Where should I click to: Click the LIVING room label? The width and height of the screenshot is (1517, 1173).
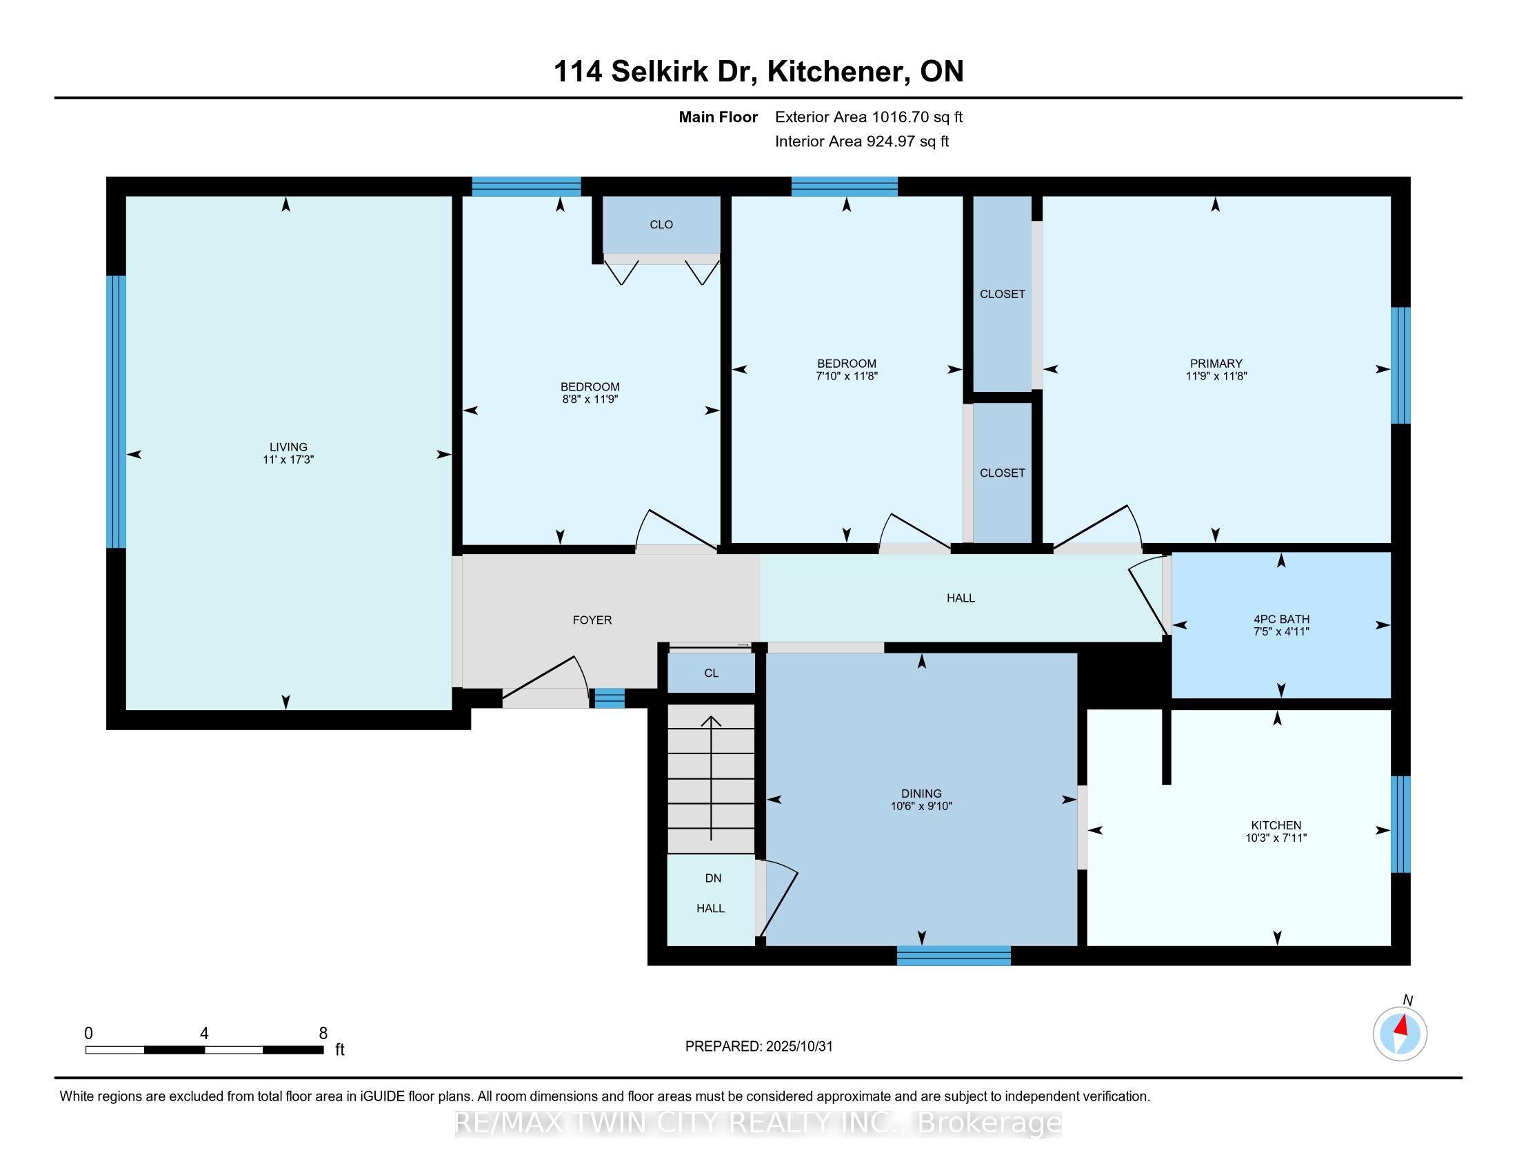[288, 447]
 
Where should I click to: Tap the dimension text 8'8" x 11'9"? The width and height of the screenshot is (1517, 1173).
[590, 400]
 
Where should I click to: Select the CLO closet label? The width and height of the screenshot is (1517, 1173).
[661, 224]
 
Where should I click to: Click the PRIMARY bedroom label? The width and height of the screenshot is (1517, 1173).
[1216, 364]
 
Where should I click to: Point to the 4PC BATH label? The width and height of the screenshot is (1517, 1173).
[1281, 619]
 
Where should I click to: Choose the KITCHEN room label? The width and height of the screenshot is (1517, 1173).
[1276, 825]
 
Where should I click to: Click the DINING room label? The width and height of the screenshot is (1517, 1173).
[921, 793]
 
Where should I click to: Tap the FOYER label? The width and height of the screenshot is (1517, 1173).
[592, 620]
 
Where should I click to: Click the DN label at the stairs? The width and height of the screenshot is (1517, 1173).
[713, 878]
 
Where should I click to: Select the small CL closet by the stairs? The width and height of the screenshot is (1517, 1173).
[710, 673]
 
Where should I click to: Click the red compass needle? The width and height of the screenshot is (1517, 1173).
[1402, 1025]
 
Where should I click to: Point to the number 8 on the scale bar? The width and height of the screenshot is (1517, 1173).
[323, 1034]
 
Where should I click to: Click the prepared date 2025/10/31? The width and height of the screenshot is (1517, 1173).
[798, 1047]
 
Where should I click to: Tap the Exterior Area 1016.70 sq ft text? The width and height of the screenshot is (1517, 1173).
[868, 117]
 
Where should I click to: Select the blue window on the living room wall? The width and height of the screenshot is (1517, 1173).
[117, 411]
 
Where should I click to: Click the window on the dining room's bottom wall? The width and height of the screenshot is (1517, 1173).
[953, 956]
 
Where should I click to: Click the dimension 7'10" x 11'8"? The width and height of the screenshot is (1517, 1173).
[846, 376]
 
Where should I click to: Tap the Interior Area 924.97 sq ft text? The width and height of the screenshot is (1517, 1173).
[861, 141]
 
